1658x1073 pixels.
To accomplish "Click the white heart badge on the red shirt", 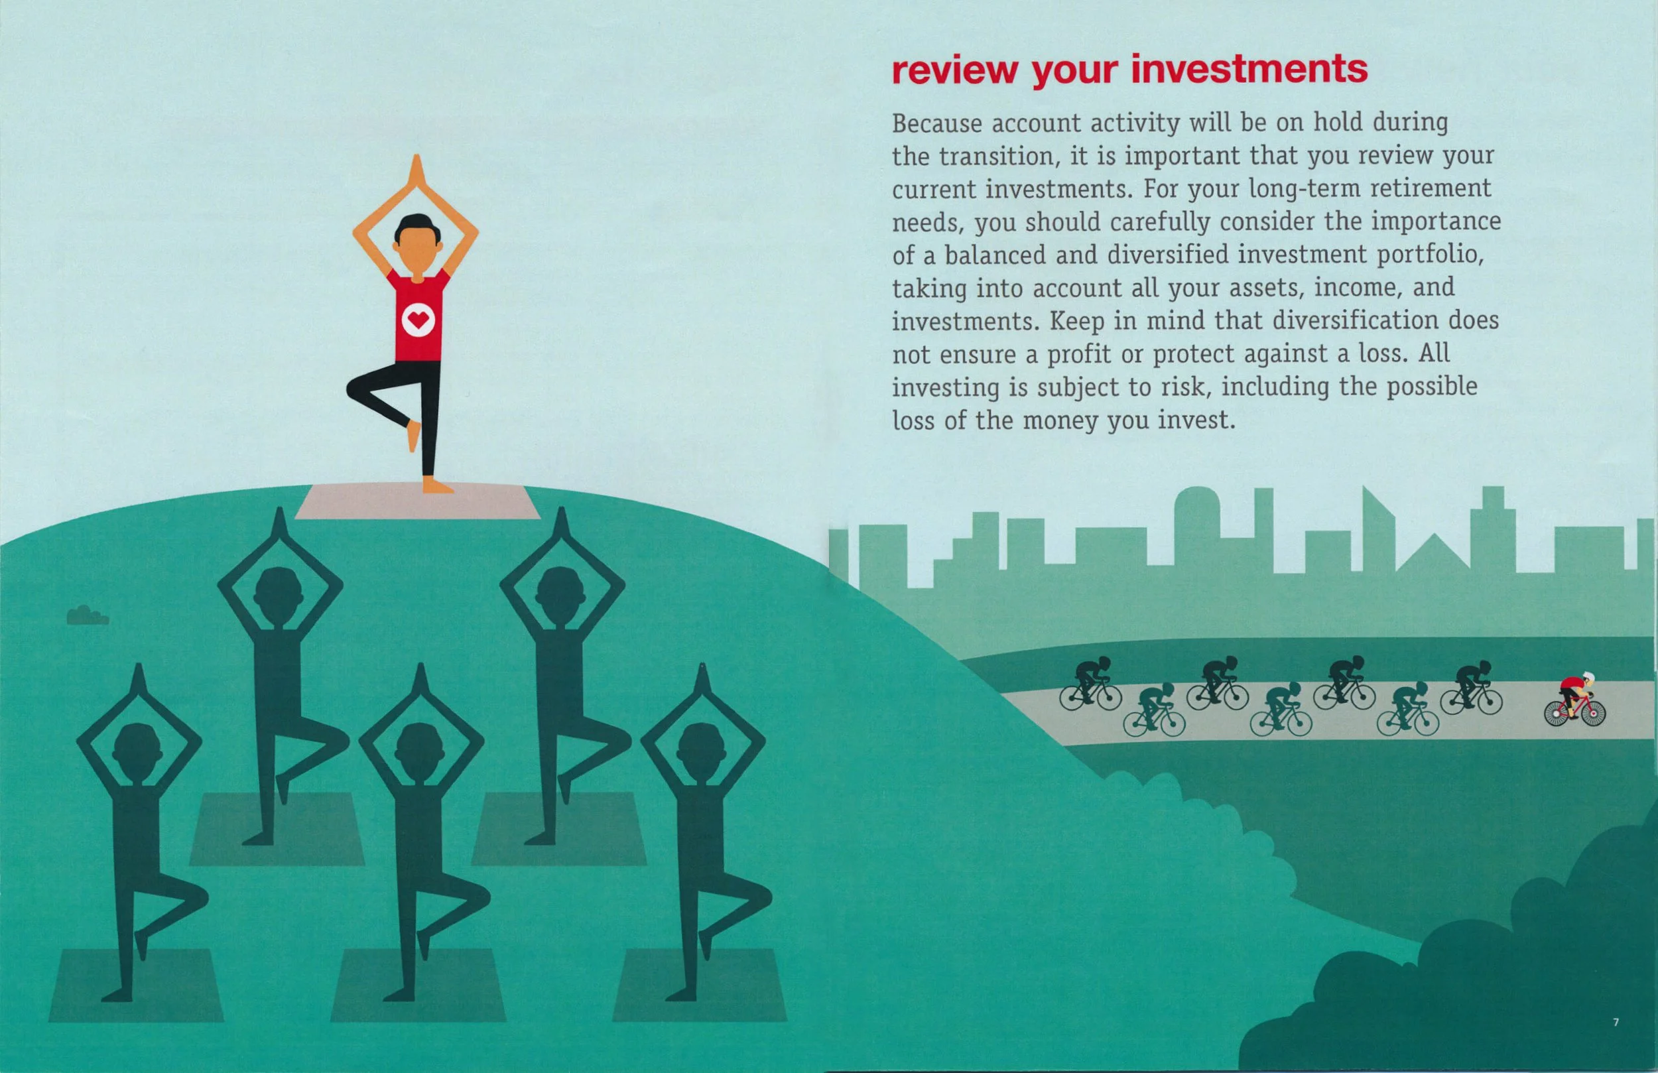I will coord(418,320).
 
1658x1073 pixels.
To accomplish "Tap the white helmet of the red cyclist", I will coord(1588,676).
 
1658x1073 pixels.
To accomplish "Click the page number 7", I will coord(1616,1022).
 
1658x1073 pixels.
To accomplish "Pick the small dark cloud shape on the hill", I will coord(87,616).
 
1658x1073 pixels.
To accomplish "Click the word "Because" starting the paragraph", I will coord(937,123).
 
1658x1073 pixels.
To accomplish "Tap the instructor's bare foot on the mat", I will coord(438,485).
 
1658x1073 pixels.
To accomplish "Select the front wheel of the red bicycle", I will coord(1593,713).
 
